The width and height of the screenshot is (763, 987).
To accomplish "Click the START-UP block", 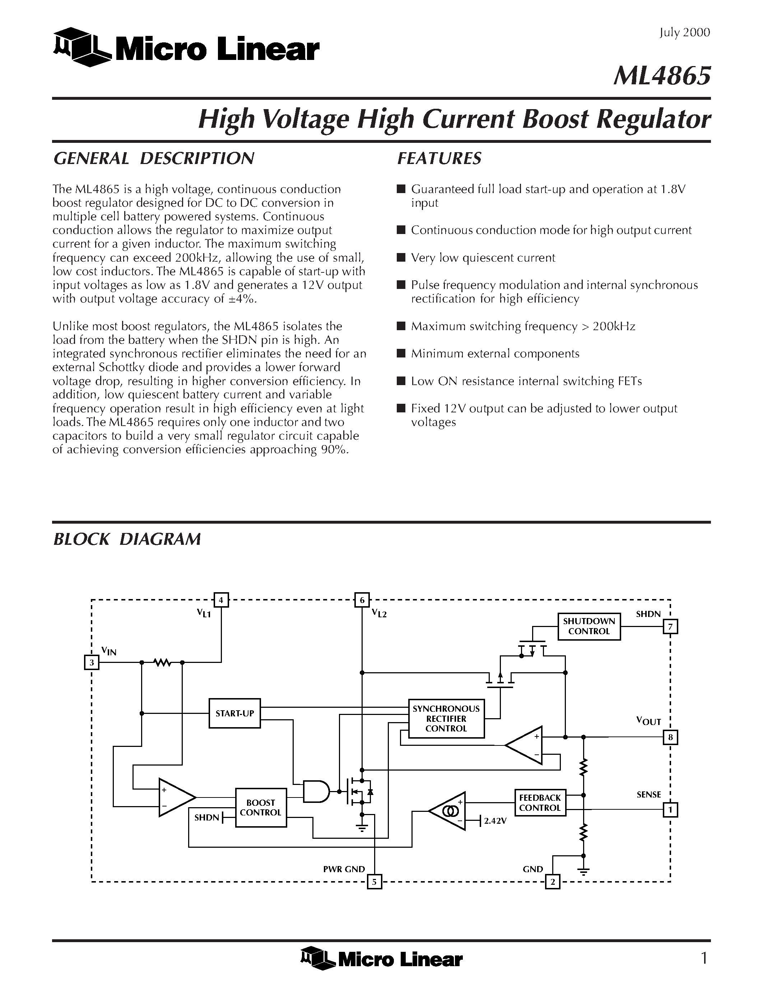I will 234,713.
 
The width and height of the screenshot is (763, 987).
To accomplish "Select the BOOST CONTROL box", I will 260,808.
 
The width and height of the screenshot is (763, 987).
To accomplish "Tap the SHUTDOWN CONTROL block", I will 588,626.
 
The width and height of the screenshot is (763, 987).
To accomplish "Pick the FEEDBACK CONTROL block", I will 540,803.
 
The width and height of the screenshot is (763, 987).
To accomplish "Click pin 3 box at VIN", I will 92,663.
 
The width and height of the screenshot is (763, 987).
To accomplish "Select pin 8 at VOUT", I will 670,738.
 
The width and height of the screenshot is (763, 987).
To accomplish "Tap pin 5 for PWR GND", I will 374,882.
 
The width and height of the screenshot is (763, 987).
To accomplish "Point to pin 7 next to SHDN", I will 670,627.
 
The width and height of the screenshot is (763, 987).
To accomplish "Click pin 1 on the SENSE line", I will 670,809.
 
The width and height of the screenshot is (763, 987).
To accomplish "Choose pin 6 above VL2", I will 362,600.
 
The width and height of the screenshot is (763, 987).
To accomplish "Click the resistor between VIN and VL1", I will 162,663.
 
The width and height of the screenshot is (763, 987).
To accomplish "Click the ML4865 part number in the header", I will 662,75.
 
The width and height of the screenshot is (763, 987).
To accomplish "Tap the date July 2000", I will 684,33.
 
